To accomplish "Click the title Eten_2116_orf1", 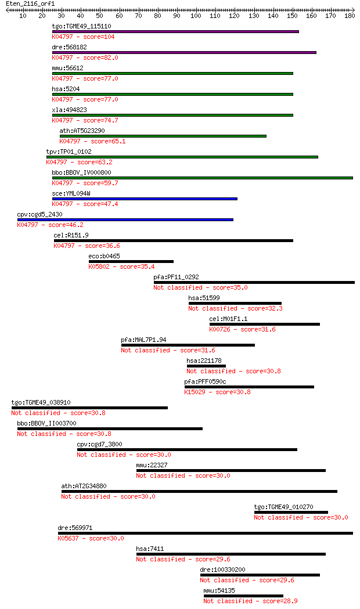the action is (x=30, y=4).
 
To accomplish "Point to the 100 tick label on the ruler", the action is (x=196, y=16).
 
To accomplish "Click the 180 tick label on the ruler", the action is (x=350, y=16).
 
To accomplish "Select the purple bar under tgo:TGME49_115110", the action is (x=175, y=31).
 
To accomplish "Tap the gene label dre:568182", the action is (x=69, y=48).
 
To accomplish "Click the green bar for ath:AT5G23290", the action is (x=163, y=136).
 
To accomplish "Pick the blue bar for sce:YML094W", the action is (x=145, y=199).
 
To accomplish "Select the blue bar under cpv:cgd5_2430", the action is (x=125, y=220).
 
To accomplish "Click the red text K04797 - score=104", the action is (x=83, y=37).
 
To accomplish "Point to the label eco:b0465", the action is (x=104, y=257).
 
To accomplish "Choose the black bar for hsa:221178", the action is (x=206, y=366).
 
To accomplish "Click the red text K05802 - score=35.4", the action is (x=121, y=267).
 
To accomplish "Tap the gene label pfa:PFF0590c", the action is (x=205, y=382).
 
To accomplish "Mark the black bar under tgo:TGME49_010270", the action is (x=291, y=512).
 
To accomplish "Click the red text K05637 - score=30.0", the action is (x=91, y=538).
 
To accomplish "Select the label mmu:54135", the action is (x=219, y=591).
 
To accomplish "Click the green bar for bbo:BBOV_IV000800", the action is (x=203, y=178).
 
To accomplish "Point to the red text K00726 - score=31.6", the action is (x=242, y=329).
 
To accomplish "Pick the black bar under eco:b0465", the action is (x=131, y=261).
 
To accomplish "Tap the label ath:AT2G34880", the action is (x=84, y=487).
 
